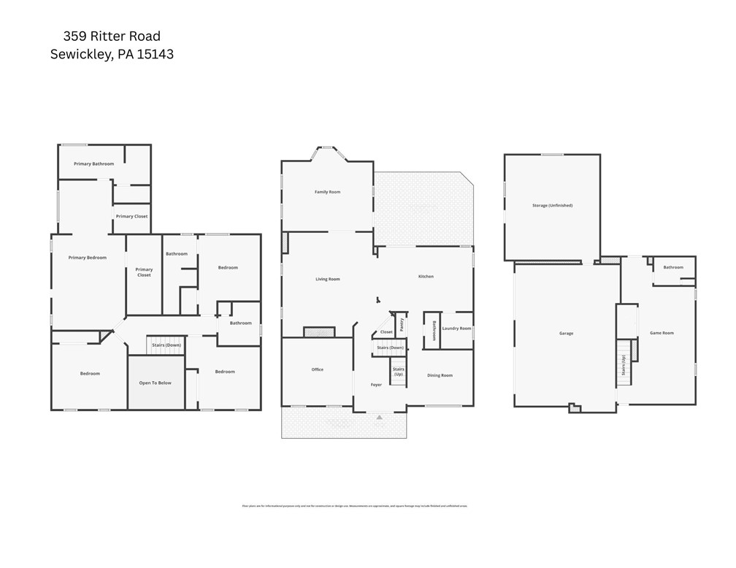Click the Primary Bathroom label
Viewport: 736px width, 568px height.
tap(93, 164)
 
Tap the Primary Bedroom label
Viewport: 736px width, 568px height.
tap(88, 258)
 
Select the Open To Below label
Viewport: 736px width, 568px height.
tap(156, 383)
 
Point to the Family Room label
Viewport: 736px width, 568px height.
tap(327, 192)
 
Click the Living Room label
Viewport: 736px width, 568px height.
tap(327, 279)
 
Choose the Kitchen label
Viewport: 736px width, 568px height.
tap(426, 277)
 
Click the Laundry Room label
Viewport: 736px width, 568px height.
tap(456, 329)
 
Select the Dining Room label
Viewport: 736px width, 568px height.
tap(440, 375)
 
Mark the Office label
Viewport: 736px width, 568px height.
tap(317, 369)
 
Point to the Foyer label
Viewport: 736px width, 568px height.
tap(376, 385)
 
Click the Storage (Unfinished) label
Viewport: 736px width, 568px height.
tap(552, 206)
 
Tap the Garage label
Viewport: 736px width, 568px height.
tap(566, 334)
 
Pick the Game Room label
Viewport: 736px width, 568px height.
tap(662, 333)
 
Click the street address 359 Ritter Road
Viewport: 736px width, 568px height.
tap(112, 36)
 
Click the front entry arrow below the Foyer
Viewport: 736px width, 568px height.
tap(379, 417)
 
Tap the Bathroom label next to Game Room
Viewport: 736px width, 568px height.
tap(673, 267)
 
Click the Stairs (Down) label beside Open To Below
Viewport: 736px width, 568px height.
tap(166, 345)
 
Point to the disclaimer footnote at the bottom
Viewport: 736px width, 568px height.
tap(354, 505)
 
